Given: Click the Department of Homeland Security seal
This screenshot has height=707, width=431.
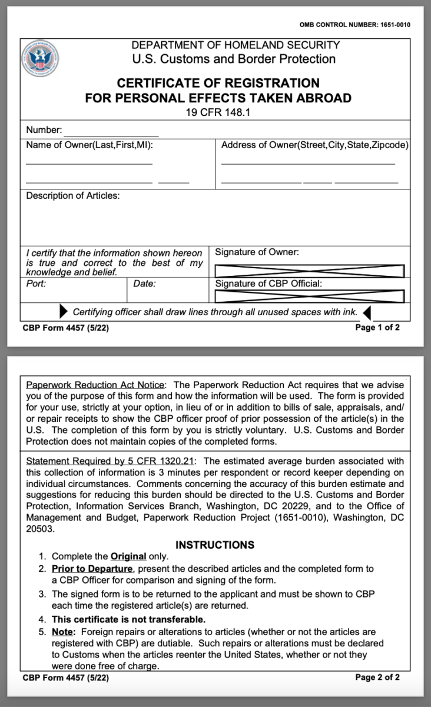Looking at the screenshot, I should [40, 59].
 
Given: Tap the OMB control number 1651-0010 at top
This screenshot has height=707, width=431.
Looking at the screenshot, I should [354, 25].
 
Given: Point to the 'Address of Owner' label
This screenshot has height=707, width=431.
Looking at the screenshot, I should [315, 145].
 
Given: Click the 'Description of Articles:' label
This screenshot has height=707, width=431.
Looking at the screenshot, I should [73, 196].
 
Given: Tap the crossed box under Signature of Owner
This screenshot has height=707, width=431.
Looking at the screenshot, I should [309, 271].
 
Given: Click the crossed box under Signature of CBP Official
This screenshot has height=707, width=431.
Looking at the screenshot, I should [309, 296].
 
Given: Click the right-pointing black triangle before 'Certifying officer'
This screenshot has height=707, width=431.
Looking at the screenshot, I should [64, 311].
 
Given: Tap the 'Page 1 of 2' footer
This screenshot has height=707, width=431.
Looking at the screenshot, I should [377, 328].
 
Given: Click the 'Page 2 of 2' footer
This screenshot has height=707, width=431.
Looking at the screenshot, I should [377, 678].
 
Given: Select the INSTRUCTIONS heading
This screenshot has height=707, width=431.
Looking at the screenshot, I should [215, 545].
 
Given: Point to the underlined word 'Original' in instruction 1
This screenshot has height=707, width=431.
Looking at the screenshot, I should [128, 556].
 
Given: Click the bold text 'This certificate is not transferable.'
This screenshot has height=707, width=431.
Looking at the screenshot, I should [128, 619].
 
